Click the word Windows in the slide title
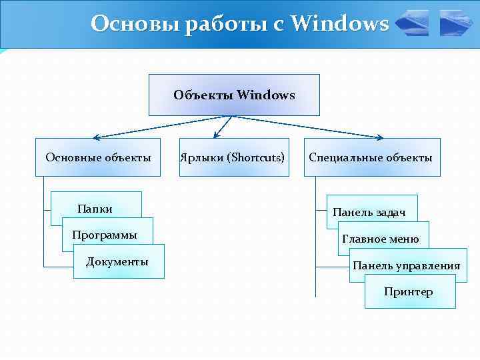coord(340,24)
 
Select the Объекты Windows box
coord(234,95)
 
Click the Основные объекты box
coord(98,157)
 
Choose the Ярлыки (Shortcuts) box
coord(234,157)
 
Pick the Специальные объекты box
coord(372,157)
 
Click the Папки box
coord(95,209)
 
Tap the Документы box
coord(118,261)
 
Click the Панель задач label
coord(370,212)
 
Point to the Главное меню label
coord(381,239)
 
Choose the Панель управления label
coord(407,265)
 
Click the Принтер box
coord(409,291)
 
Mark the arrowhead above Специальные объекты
coord(379,138)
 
